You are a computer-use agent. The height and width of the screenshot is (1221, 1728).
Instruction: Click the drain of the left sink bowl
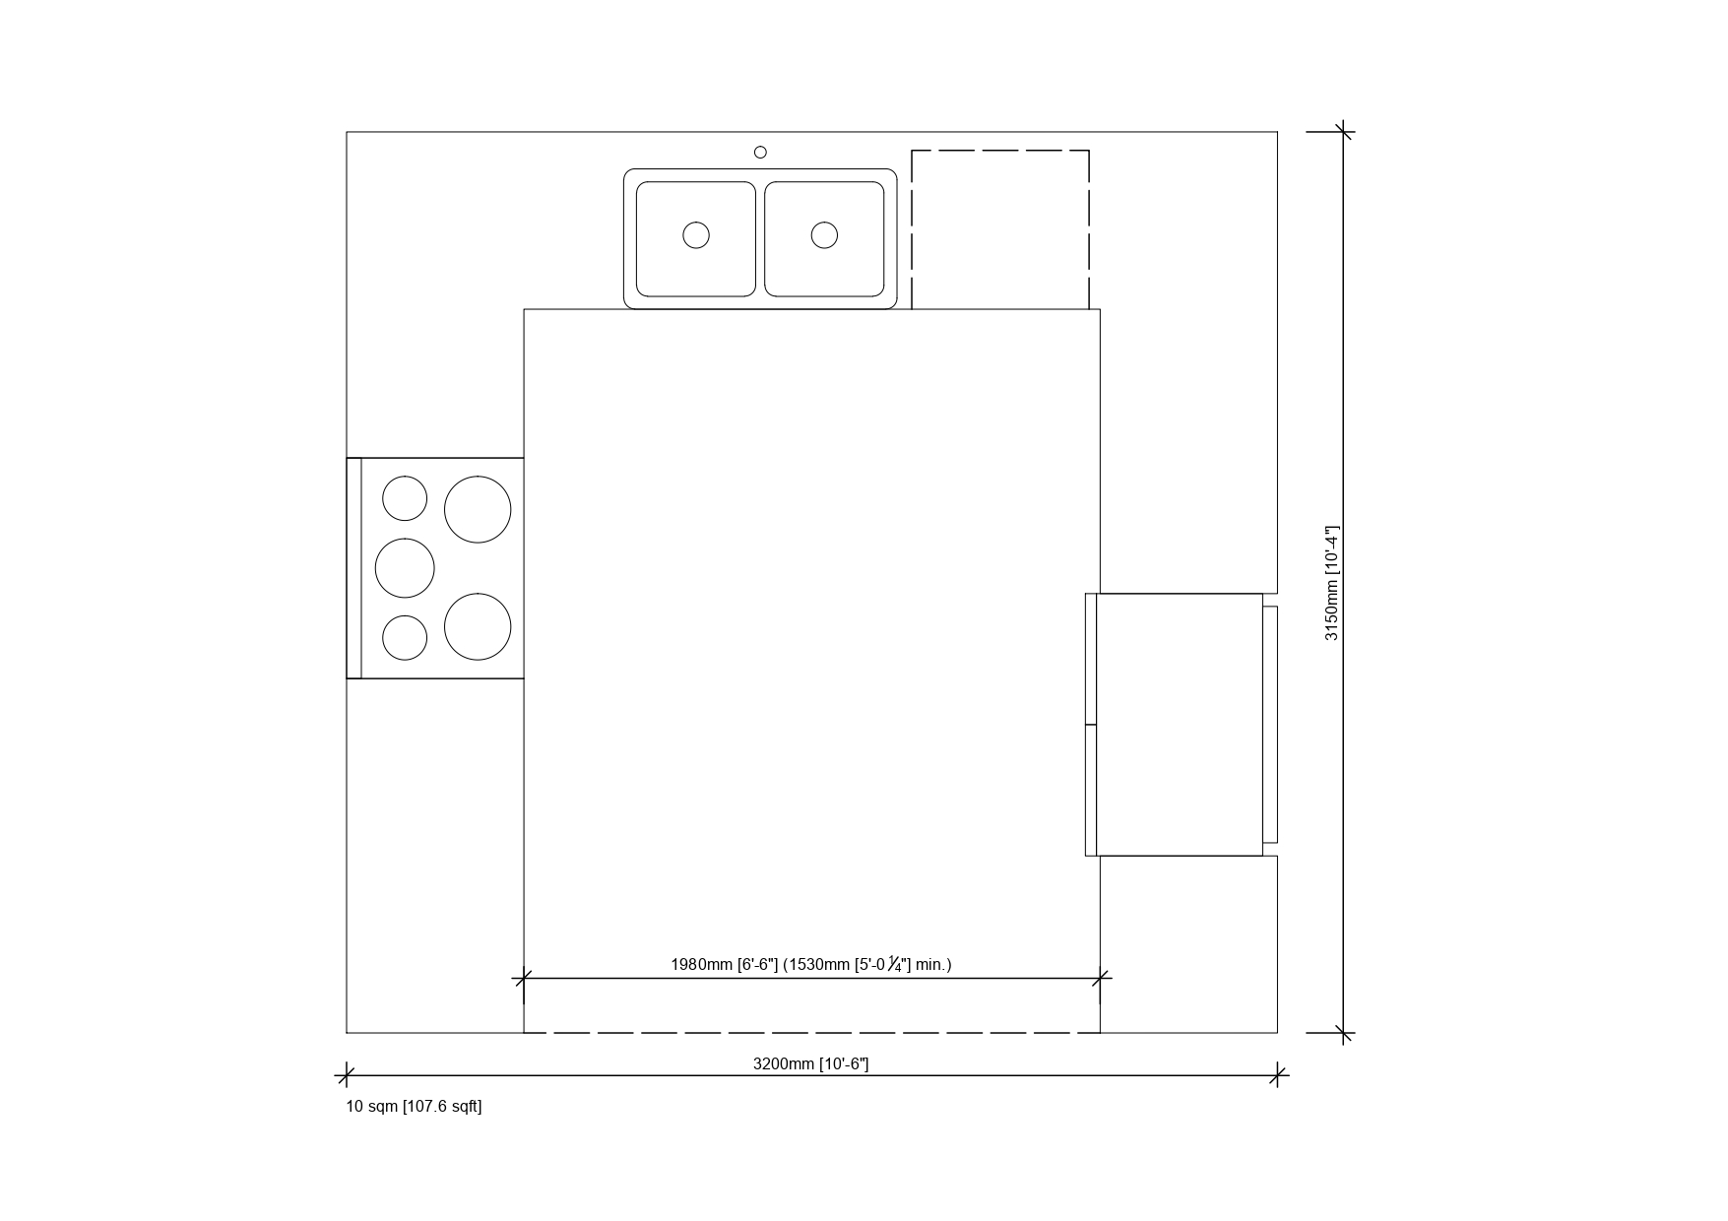[696, 235]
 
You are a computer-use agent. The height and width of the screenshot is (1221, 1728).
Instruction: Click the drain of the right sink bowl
[824, 235]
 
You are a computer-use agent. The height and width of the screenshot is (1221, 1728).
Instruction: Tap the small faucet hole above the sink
[760, 152]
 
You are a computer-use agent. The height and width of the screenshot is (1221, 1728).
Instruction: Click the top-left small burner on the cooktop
[405, 498]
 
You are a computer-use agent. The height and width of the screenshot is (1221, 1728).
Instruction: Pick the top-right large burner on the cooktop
[478, 509]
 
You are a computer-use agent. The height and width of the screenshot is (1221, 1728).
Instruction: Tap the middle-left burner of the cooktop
[405, 568]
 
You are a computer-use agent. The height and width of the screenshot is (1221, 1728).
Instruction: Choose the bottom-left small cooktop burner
[405, 637]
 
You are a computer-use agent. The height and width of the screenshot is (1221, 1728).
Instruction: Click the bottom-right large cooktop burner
[478, 626]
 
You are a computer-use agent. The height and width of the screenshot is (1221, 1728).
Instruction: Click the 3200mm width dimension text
[810, 1063]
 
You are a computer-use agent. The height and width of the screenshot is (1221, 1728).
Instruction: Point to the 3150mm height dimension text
[1332, 583]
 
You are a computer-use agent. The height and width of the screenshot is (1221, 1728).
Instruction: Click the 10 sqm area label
[414, 1106]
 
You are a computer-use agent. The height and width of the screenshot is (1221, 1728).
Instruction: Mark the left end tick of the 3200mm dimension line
[346, 1074]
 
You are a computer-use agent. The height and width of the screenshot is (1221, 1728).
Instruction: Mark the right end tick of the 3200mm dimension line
[1278, 1074]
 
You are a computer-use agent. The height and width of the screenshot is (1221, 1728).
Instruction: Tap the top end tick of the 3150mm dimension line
[1344, 131]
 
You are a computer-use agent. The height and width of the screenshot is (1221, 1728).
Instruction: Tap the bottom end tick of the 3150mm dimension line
[1344, 1033]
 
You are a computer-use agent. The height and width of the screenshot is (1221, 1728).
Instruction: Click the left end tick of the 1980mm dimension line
[523, 978]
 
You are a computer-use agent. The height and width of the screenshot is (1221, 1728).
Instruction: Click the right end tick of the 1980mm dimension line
[1101, 978]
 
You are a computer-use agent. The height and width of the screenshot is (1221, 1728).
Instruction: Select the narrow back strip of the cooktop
[354, 568]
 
